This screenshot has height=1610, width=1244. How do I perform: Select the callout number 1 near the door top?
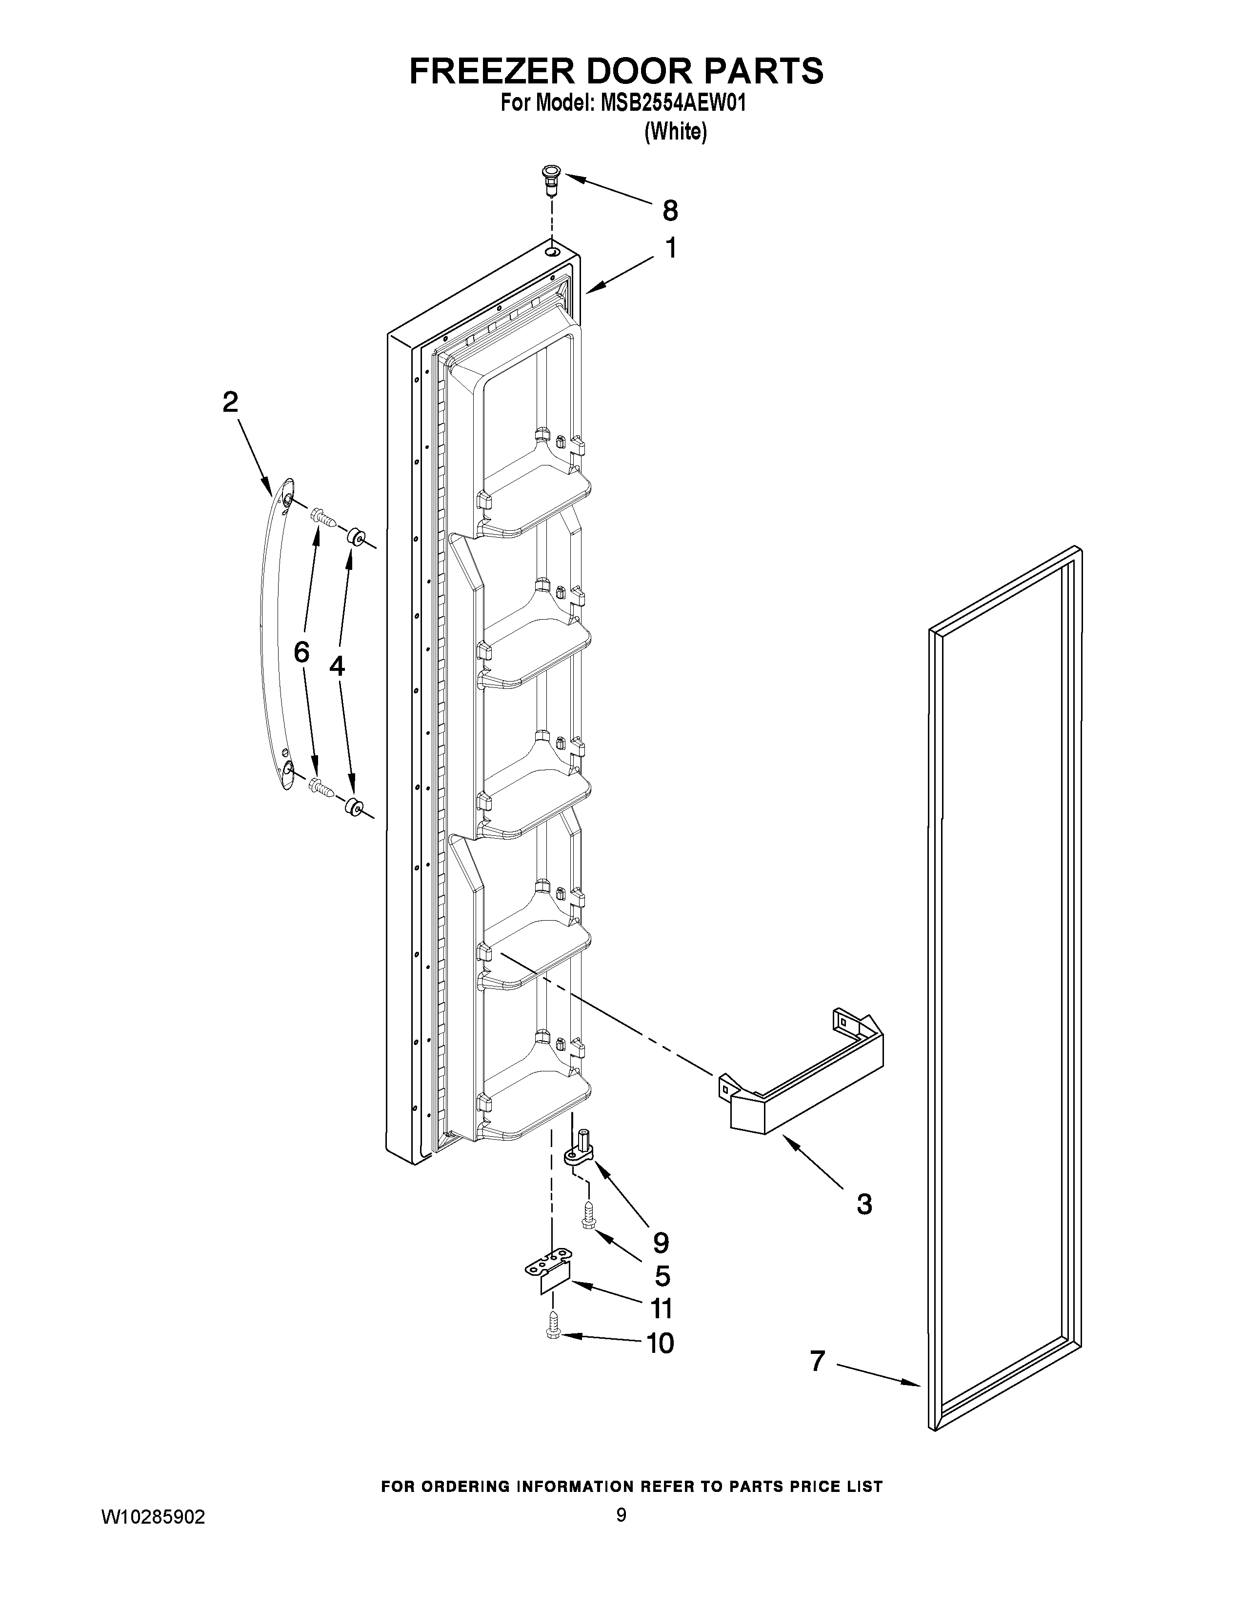point(671,248)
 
